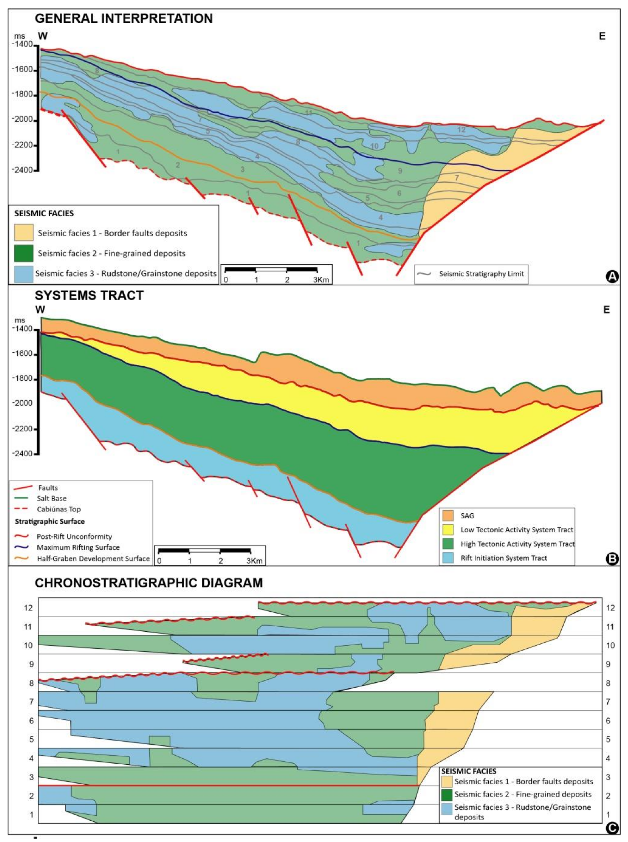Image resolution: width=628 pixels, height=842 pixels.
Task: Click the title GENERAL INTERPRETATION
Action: [124, 18]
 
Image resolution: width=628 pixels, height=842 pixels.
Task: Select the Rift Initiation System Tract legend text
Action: [504, 558]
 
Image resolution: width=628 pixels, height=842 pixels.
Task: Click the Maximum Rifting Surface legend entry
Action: [78, 547]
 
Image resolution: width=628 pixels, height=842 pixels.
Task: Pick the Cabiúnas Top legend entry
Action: [59, 509]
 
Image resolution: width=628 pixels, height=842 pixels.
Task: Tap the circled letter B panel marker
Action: [613, 559]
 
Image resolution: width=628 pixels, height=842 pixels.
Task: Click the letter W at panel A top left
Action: [43, 36]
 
